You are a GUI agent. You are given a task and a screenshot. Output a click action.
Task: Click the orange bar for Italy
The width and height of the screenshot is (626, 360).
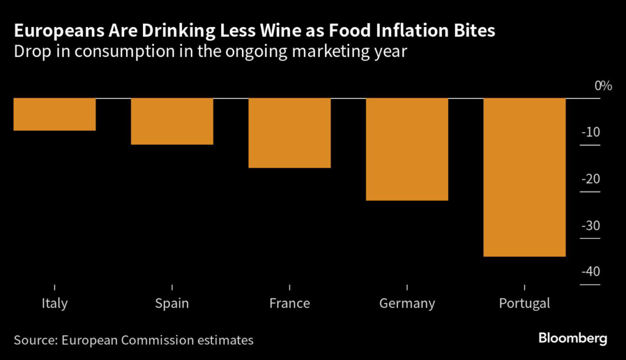(54, 114)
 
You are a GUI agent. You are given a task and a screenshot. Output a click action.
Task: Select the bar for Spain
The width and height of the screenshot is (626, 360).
(172, 121)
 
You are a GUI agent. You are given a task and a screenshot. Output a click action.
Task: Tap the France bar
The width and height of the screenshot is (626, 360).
(289, 133)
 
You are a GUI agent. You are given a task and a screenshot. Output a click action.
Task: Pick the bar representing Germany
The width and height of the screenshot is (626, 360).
(407, 149)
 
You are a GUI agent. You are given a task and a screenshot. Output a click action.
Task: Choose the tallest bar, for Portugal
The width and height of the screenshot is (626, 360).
(524, 177)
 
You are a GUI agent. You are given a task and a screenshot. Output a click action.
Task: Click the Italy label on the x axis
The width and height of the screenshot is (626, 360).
(54, 303)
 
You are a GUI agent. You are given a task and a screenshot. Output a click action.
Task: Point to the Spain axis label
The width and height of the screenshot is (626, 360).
(172, 304)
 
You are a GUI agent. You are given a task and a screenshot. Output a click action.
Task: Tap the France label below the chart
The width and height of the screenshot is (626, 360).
(289, 303)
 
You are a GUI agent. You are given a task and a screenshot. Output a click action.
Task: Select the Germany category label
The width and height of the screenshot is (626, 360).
(407, 304)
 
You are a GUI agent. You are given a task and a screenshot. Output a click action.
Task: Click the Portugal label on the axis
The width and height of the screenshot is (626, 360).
(524, 304)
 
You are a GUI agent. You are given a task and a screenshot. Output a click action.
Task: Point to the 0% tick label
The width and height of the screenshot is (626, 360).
(603, 86)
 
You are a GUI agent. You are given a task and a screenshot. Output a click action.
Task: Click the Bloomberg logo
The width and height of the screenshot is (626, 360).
(573, 339)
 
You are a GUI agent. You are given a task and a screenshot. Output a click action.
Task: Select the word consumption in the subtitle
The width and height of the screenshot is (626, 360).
(101, 52)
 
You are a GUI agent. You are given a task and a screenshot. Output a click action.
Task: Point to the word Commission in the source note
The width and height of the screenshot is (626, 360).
(152, 340)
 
